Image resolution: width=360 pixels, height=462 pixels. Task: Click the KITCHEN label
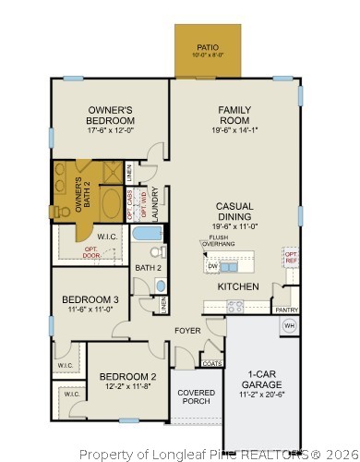click(237, 287)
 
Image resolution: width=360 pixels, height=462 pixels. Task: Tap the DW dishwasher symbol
click(212, 266)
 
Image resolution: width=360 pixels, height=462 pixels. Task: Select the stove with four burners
click(234, 308)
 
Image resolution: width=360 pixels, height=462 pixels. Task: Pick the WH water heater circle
click(288, 325)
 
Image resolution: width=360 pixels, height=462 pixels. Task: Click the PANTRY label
click(287, 310)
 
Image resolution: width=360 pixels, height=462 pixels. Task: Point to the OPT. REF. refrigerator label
click(291, 257)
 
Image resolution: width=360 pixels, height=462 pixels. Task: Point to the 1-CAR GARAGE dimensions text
click(262, 394)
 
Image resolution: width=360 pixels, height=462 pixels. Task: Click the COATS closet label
click(211, 363)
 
